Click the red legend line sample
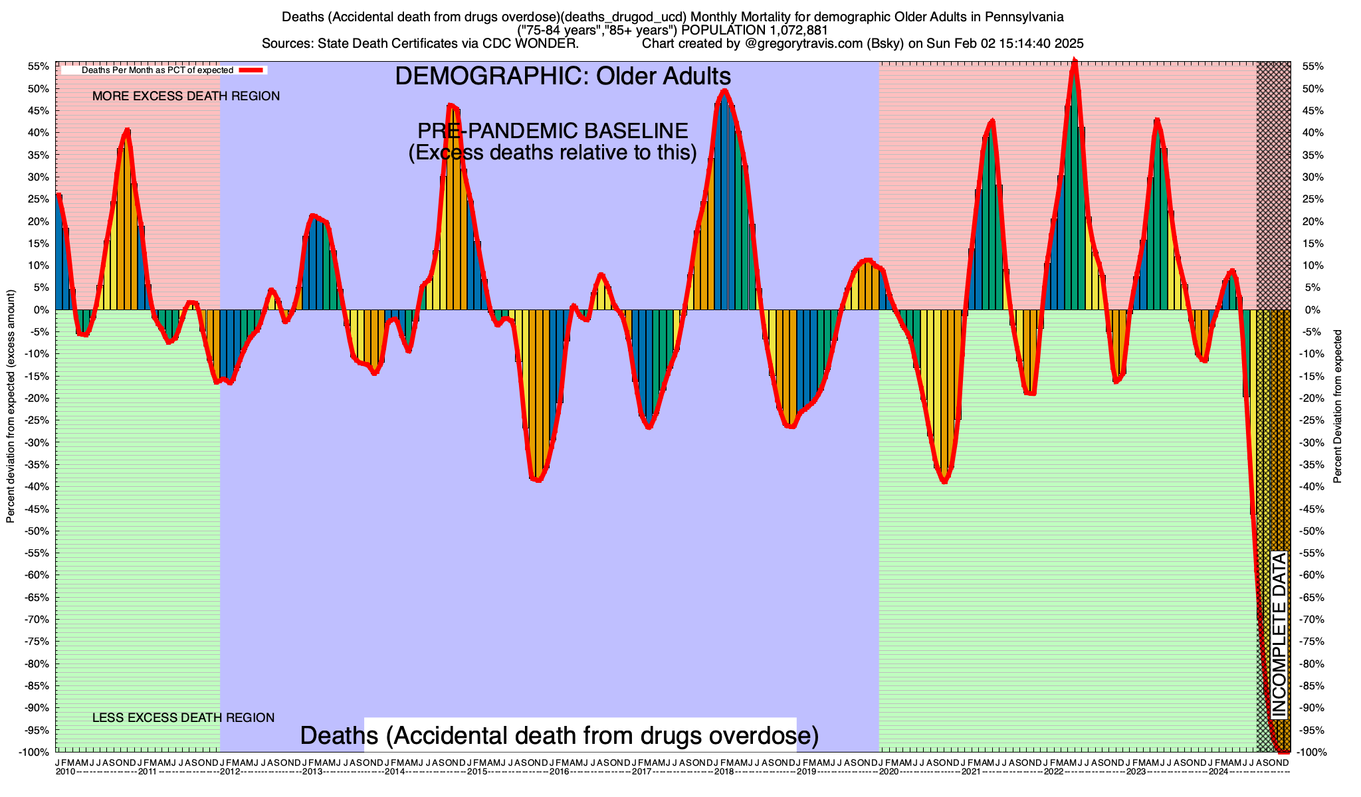click(252, 70)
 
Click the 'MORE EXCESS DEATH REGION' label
click(186, 96)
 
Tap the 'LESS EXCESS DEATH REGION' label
click(183, 718)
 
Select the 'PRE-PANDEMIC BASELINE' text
click(552, 130)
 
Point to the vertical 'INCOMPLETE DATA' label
click(1279, 635)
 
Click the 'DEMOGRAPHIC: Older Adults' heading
click(563, 76)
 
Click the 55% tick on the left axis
click(39, 66)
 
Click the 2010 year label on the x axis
click(65, 772)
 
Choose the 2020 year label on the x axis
click(889, 772)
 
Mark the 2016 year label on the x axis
click(559, 772)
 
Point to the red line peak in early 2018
click(724, 91)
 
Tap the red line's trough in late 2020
click(944, 482)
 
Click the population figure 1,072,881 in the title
click(788, 30)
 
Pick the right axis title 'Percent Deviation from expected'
click(1338, 406)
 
